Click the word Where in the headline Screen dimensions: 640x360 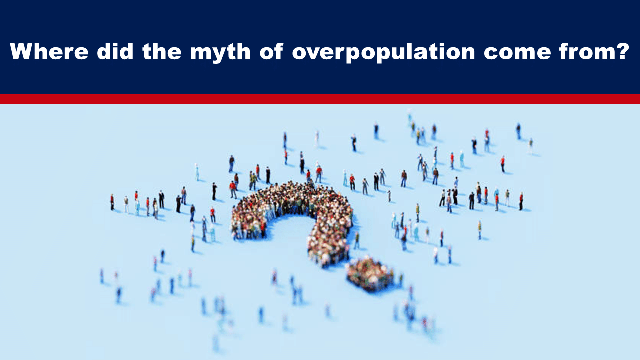point(49,51)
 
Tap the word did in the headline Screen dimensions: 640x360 point(115,51)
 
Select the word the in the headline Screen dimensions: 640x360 point(162,51)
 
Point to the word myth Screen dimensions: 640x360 point(220,53)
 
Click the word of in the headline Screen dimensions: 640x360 point(271,51)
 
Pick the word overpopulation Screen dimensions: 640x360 point(383,53)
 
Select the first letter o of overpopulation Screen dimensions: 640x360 point(300,53)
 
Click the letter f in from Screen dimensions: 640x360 point(564,51)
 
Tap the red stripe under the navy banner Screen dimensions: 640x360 point(320,99)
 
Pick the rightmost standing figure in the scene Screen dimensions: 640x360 point(531,145)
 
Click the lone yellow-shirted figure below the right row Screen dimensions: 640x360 point(479,230)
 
